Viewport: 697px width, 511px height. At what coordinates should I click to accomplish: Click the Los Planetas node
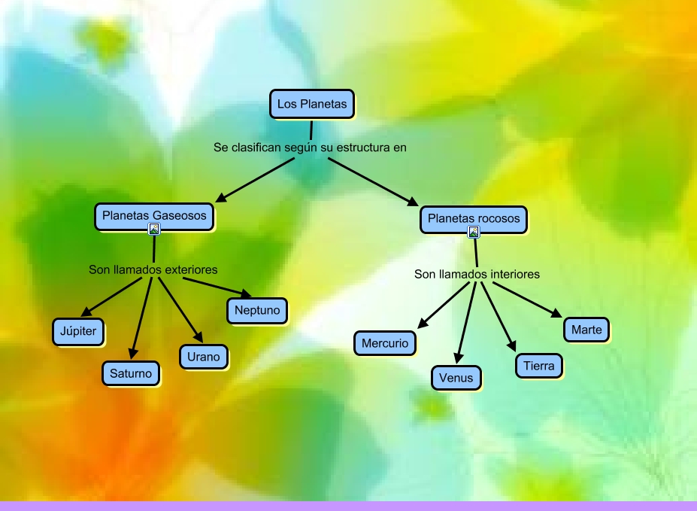[311, 104]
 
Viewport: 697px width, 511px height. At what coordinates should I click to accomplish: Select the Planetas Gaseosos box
[154, 216]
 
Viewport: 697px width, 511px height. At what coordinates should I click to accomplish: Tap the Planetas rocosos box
[474, 219]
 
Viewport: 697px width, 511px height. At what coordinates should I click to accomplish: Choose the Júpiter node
[78, 331]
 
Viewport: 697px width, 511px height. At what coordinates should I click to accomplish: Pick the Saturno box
[131, 373]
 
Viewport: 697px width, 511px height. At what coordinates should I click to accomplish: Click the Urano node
[203, 357]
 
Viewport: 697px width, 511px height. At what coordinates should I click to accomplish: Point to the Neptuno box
[256, 309]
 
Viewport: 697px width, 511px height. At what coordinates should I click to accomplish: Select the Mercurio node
[384, 343]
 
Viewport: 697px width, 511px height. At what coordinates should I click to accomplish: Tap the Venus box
[456, 377]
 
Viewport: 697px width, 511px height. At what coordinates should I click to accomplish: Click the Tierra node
[539, 366]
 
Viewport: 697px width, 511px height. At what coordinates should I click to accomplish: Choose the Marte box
[586, 330]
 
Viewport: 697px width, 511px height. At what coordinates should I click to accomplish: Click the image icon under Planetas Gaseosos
[154, 230]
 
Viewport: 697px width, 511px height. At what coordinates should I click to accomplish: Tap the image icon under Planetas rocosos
[474, 232]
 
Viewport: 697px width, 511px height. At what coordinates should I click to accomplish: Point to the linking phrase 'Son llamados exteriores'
[153, 269]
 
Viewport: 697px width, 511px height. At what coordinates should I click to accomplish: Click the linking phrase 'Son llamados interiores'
[477, 274]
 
